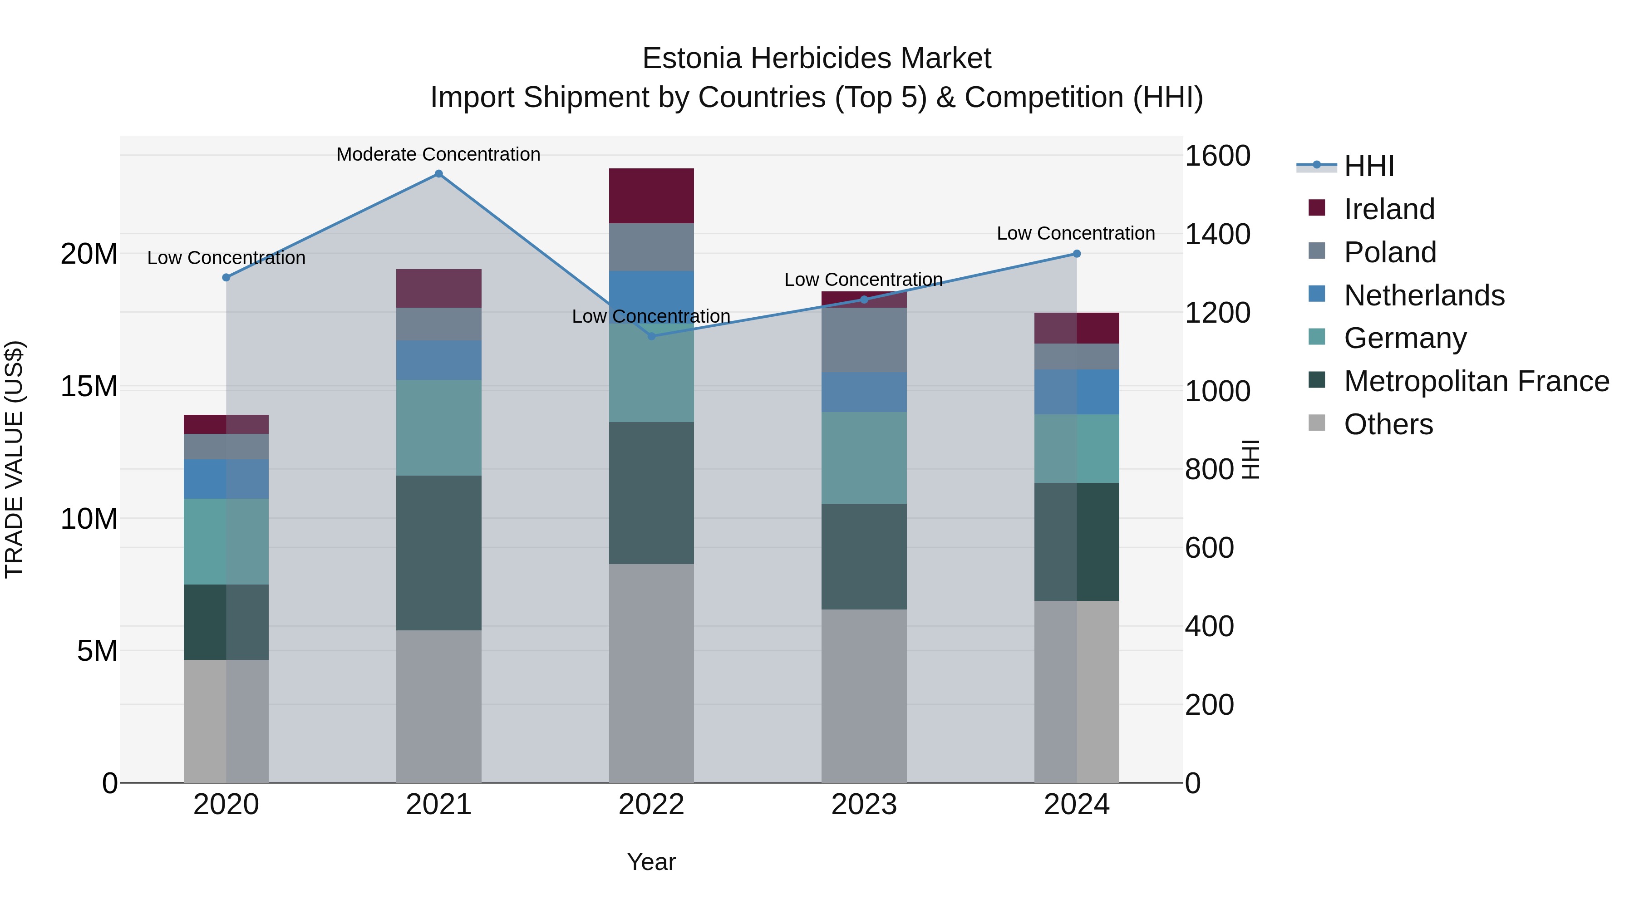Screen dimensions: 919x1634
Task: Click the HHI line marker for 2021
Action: (438, 174)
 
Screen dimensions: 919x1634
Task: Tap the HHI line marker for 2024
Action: (1077, 254)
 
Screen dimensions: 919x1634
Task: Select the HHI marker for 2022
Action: (651, 336)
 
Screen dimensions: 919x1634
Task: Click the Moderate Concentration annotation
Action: (438, 154)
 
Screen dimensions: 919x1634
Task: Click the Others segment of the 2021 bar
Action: (438, 705)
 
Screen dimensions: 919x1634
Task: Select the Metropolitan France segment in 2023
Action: (863, 556)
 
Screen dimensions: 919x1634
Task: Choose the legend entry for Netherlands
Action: (1423, 295)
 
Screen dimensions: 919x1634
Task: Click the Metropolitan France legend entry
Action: (1476, 381)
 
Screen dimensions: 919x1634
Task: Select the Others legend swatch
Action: (1316, 423)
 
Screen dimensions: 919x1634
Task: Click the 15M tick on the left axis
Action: (89, 386)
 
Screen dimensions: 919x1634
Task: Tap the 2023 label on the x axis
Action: (863, 805)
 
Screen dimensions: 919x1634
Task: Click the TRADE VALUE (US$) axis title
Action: (14, 459)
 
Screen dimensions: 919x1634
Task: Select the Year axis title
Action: (651, 862)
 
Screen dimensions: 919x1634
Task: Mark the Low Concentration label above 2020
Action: (226, 258)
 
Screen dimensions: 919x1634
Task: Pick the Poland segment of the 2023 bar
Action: (863, 340)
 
